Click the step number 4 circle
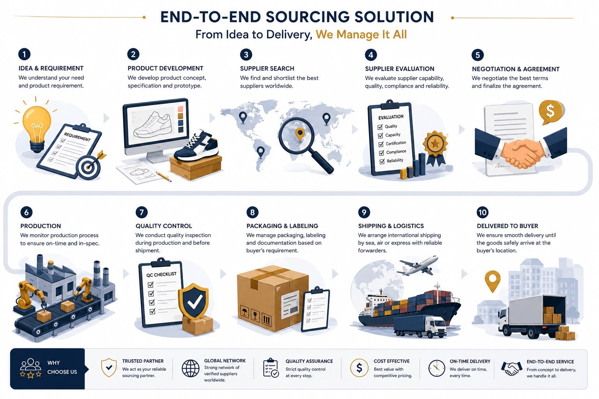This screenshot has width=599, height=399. (x=370, y=55)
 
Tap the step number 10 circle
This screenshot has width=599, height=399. (x=482, y=212)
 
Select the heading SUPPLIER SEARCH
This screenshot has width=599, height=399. (x=267, y=69)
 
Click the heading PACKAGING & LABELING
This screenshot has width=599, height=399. (x=282, y=226)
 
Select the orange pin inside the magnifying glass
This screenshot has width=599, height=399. (x=300, y=134)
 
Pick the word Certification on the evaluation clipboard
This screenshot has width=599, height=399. (x=396, y=143)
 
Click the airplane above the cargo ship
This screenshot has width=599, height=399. (x=418, y=265)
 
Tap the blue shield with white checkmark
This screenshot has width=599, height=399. (x=193, y=301)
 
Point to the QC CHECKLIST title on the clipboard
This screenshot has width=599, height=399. (x=161, y=274)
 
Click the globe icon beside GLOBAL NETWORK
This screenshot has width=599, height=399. (x=190, y=368)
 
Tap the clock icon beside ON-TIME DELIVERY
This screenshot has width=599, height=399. (x=436, y=368)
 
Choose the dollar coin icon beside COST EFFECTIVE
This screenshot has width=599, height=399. (x=359, y=368)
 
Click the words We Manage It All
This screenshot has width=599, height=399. (x=361, y=35)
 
